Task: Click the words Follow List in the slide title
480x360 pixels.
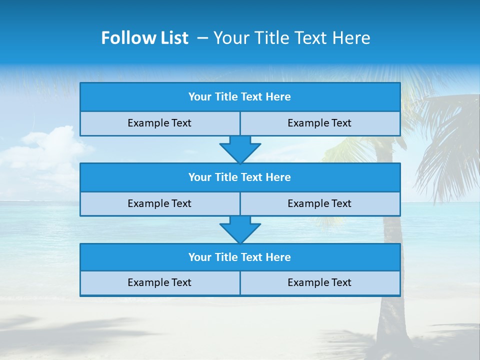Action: [144, 38]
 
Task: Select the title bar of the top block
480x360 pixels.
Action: [240, 97]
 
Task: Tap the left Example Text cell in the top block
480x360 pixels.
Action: [159, 123]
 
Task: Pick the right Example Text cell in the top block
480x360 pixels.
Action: [319, 123]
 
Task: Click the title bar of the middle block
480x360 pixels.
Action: [240, 177]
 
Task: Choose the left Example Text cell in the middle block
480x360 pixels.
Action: [159, 203]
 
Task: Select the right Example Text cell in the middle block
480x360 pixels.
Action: [319, 203]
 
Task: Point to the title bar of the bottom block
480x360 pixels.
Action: [240, 257]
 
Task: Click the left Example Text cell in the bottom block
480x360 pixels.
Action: [159, 282]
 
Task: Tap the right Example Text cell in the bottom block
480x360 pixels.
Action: [319, 282]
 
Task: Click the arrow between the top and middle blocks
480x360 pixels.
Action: [240, 149]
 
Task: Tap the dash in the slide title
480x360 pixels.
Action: [202, 38]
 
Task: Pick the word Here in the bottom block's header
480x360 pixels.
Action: [278, 257]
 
